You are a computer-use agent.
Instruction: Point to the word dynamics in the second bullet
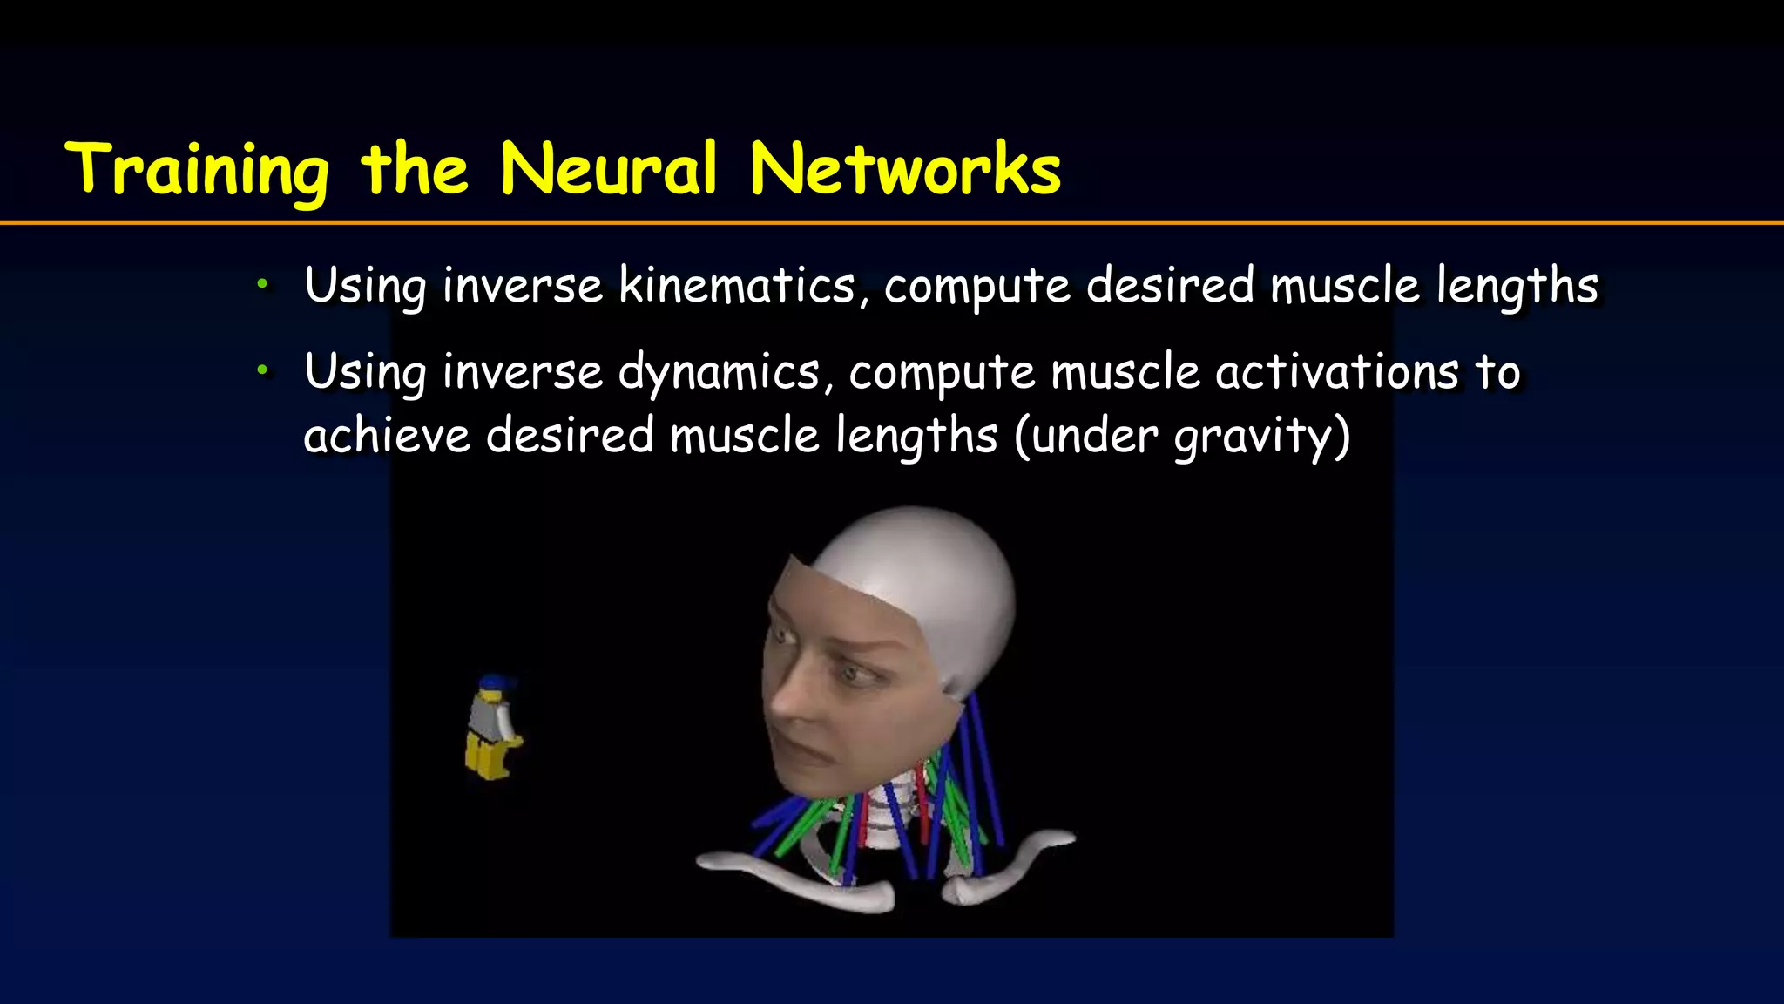pos(720,373)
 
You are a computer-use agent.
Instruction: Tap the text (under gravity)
pos(1182,436)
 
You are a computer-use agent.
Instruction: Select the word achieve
pos(387,435)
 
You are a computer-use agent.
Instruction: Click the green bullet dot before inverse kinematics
pos(262,283)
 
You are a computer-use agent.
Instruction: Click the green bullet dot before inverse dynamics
pos(262,370)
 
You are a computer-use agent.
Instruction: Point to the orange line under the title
pos(892,224)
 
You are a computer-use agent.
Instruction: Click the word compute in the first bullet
pos(976,286)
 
